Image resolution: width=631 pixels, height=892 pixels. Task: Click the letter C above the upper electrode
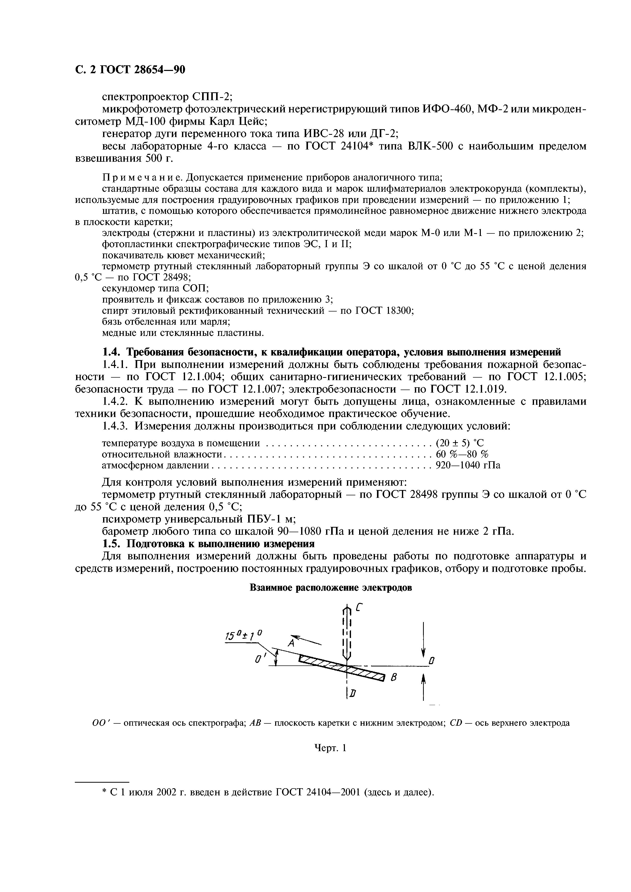click(x=359, y=608)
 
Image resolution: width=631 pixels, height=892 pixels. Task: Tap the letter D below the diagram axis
click(x=353, y=694)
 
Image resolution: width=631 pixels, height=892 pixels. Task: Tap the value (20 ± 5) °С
click(x=460, y=443)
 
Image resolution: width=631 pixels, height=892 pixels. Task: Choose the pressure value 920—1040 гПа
click(x=468, y=465)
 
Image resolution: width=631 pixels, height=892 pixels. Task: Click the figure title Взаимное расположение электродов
click(x=330, y=588)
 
